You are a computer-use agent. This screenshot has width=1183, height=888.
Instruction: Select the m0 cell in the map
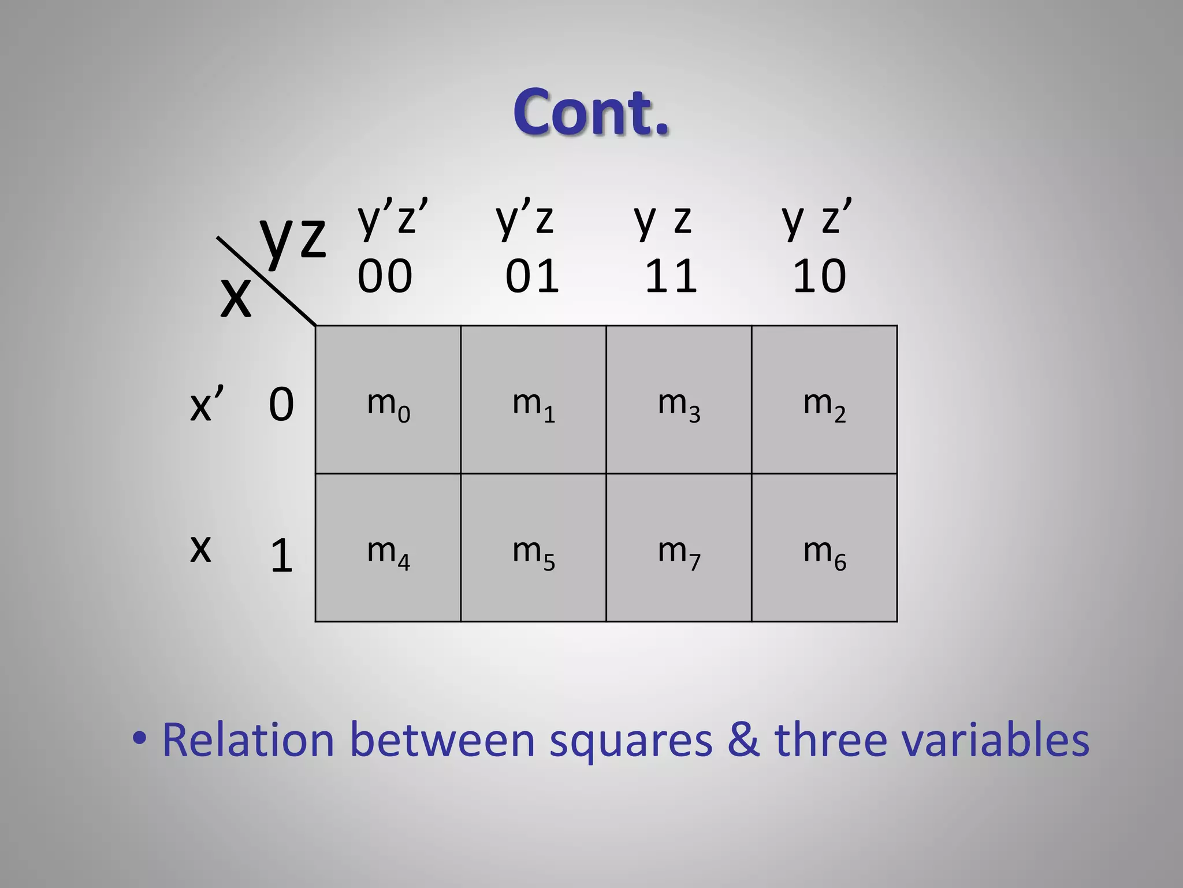pyautogui.click(x=388, y=399)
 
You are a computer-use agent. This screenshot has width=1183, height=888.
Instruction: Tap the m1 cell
pyautogui.click(x=533, y=399)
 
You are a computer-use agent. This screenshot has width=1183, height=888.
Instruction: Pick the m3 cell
pyautogui.click(x=679, y=399)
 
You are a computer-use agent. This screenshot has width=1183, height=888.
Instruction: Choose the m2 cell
pyautogui.click(x=824, y=399)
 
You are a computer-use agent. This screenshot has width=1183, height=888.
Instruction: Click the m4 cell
pyautogui.click(x=388, y=547)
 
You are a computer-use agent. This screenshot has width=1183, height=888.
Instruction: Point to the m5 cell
pyautogui.click(x=533, y=547)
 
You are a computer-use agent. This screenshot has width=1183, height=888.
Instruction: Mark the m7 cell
pyautogui.click(x=679, y=547)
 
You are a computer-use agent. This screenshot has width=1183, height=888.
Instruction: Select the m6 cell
pyautogui.click(x=824, y=547)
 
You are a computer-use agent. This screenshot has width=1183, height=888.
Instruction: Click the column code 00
pyautogui.click(x=385, y=276)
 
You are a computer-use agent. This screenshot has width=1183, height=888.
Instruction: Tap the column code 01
pyautogui.click(x=532, y=276)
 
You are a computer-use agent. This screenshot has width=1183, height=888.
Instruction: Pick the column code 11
pyautogui.click(x=671, y=276)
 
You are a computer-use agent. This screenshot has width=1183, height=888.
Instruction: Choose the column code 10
pyautogui.click(x=819, y=276)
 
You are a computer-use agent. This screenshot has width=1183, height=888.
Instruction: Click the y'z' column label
pyautogui.click(x=392, y=218)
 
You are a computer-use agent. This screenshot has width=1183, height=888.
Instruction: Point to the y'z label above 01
pyautogui.click(x=524, y=218)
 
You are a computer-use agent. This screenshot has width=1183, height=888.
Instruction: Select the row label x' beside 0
pyautogui.click(x=206, y=404)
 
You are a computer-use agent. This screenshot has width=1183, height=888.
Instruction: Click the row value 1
pyautogui.click(x=281, y=556)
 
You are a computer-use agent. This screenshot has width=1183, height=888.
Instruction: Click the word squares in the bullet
pyautogui.click(x=631, y=740)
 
